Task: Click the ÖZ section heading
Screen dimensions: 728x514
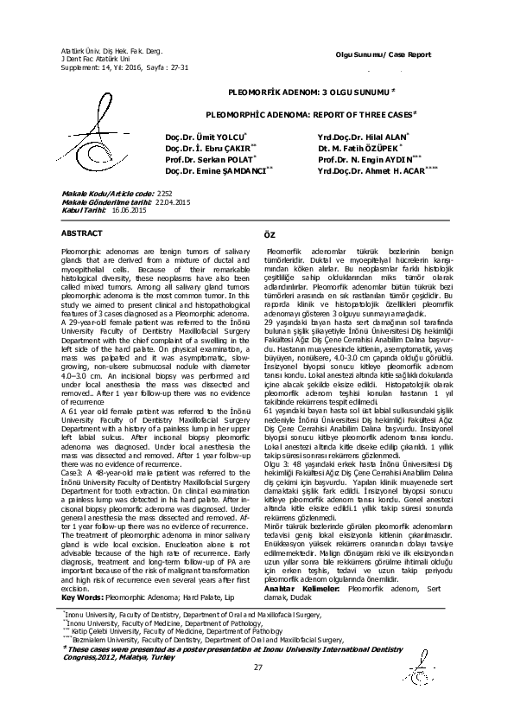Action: [268, 236]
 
